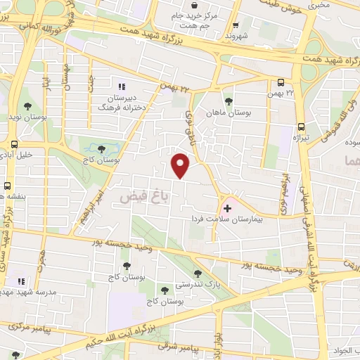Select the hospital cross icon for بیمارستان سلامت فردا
227,207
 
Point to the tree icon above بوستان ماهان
227,100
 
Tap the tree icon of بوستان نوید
27,107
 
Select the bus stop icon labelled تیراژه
302,127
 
